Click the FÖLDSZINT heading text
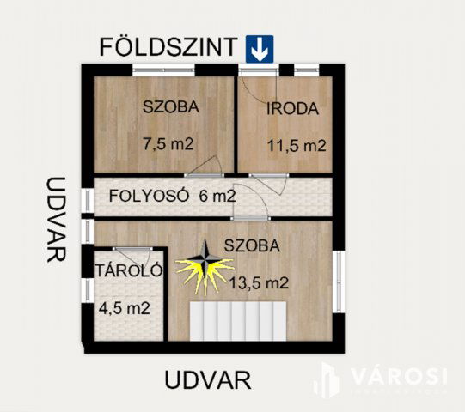click(x=168, y=46)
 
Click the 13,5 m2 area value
click(x=258, y=282)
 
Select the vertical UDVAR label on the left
click(x=57, y=219)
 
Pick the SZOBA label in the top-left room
click(x=171, y=107)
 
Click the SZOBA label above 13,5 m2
click(x=252, y=245)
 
